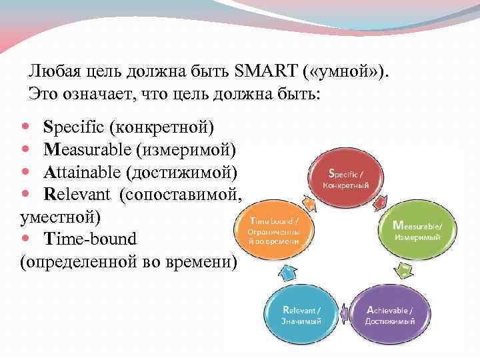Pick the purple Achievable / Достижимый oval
(x=390, y=314)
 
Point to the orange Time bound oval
(x=275, y=230)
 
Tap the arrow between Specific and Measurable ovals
(x=380, y=200)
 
